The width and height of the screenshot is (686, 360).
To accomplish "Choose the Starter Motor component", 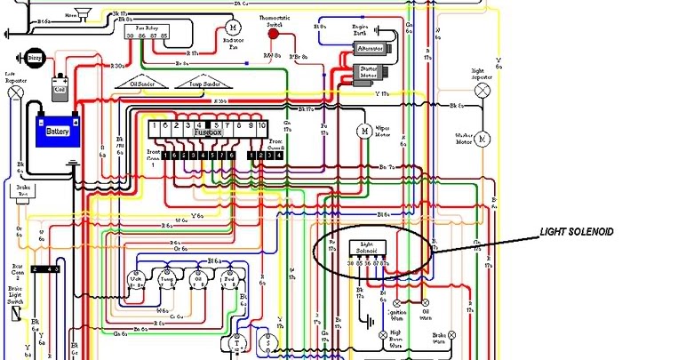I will pos(365,73).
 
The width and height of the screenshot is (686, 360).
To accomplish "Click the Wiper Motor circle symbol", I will pos(363,131).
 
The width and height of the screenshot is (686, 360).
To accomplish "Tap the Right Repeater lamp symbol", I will pos(483,90).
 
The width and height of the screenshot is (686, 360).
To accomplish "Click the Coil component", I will pos(60,88).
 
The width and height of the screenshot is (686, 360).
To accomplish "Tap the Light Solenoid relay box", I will pos(369,250).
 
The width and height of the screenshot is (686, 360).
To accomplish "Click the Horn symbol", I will pos(83,12).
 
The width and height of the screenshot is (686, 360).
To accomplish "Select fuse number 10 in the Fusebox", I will pos(262,126).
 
